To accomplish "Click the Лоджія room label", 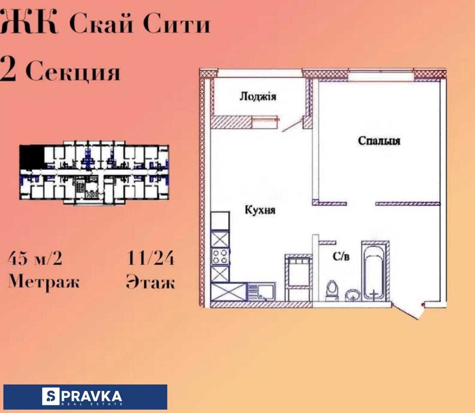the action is click(x=258, y=96).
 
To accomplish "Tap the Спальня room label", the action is click(x=379, y=141).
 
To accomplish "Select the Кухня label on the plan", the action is click(x=260, y=210).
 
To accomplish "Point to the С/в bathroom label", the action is click(x=341, y=256).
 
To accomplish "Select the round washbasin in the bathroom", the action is click(x=353, y=295).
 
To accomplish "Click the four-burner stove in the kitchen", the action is click(x=220, y=256).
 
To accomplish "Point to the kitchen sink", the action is click(x=262, y=292).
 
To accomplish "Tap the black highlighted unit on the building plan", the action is click(x=32, y=157).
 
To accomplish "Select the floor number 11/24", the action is click(x=150, y=258).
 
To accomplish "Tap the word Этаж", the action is click(x=150, y=282).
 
